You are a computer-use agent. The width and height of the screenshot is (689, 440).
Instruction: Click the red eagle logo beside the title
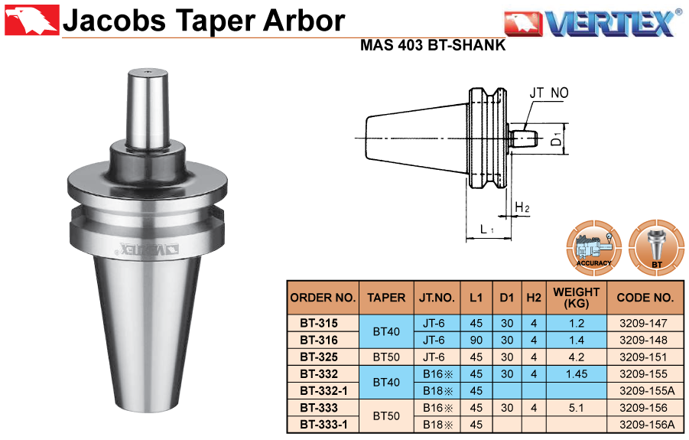[31, 20]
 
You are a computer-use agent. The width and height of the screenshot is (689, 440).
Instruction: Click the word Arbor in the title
[304, 21]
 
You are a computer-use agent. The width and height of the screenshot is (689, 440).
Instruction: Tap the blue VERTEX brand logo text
[611, 23]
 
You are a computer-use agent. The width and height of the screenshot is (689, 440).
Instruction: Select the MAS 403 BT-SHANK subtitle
[433, 45]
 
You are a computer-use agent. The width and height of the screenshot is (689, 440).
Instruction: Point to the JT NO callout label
[549, 93]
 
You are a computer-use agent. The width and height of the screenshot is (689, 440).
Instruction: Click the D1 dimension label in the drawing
[557, 139]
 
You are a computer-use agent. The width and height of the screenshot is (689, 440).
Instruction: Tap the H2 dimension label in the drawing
[522, 207]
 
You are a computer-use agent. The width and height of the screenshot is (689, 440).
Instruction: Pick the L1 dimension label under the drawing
[487, 229]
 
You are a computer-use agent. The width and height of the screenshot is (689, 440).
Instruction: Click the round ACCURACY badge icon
[593, 248]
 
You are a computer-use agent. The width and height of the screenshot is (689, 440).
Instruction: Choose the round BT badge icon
[656, 248]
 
